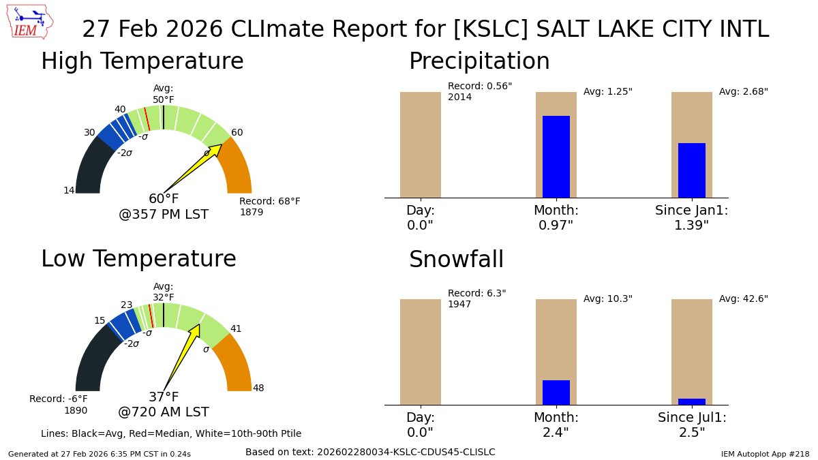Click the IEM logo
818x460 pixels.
[31, 22]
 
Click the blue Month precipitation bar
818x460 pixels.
[556, 157]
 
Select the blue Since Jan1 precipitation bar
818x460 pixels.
[691, 170]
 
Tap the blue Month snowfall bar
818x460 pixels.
[556, 393]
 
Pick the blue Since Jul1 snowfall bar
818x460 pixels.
[691, 401]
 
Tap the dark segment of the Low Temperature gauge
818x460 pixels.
[92, 361]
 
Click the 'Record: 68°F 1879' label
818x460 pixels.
[269, 206]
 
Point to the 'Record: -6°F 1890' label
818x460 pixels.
[59, 404]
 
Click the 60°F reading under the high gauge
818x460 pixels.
[164, 199]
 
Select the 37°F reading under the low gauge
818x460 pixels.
[164, 397]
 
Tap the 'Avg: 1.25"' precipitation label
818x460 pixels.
[607, 92]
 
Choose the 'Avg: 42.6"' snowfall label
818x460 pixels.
[743, 299]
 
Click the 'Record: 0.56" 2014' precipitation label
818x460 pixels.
[479, 91]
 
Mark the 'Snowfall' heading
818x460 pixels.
[456, 260]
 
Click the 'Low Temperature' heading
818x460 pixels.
[138, 259]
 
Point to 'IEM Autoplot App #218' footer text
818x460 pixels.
[765, 454]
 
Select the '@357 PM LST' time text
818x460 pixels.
[164, 215]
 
